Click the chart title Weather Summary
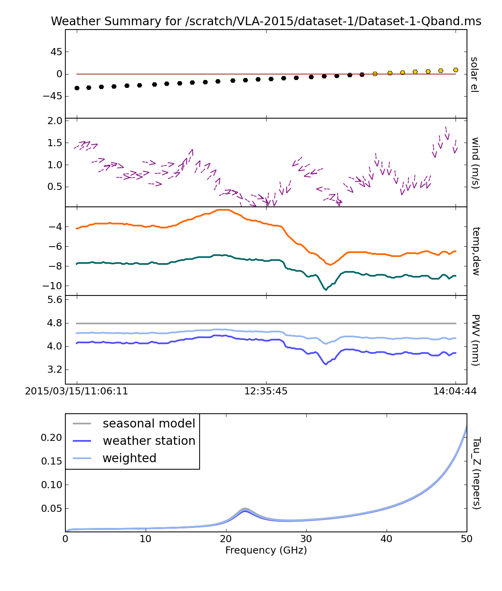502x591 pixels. click(266, 21)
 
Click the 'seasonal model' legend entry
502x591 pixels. click(148, 424)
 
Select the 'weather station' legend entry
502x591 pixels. click(148, 441)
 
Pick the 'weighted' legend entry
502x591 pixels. click(129, 458)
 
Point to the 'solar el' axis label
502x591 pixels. click(474, 74)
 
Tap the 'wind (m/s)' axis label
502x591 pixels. click(475, 163)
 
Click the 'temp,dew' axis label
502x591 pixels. click(475, 251)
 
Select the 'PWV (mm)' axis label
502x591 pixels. click(475, 340)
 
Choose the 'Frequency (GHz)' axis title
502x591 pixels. click(266, 550)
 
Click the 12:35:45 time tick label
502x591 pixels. click(266, 391)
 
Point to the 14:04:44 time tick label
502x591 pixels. click(455, 391)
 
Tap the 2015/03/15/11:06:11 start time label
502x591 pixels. click(76, 391)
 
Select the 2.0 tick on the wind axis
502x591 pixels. click(55, 121)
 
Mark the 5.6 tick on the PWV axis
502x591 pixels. click(55, 300)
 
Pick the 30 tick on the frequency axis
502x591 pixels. click(306, 539)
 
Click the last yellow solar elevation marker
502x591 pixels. click(456, 70)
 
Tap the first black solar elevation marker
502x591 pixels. click(77, 88)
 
